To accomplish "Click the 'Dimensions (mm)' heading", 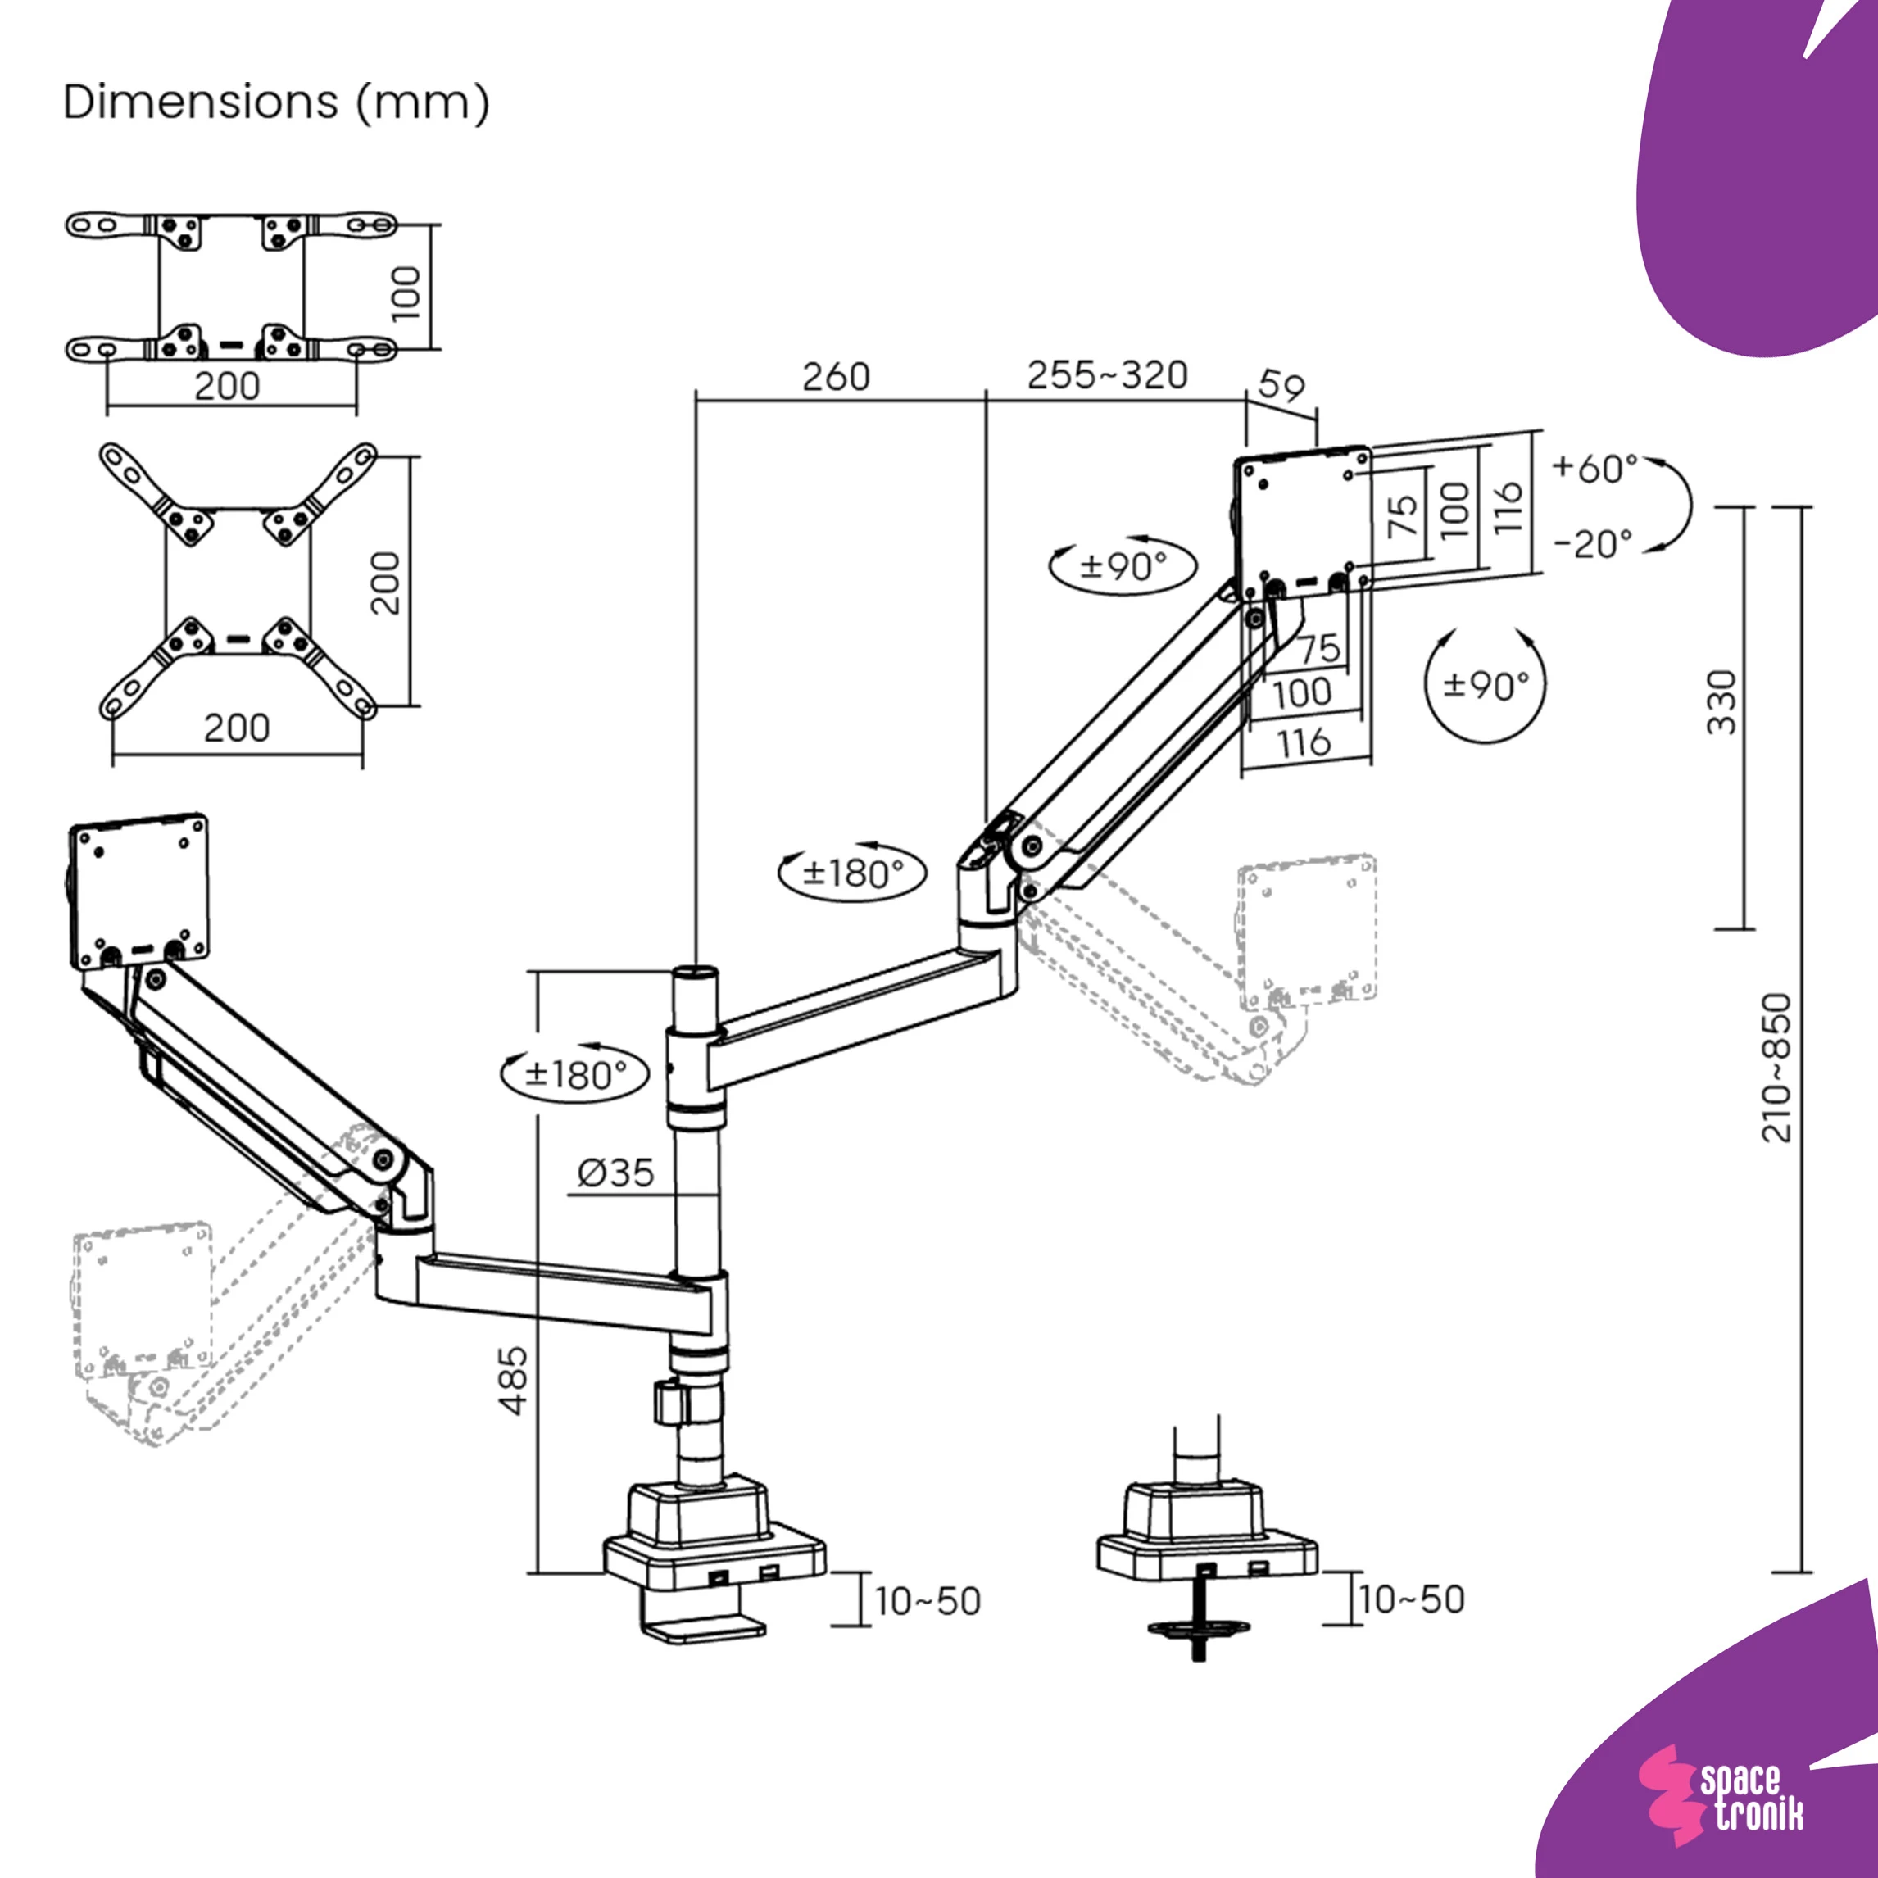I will tap(276, 102).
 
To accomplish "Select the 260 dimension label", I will tap(835, 377).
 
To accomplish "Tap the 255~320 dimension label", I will tap(1107, 375).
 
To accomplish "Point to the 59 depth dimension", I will tap(1281, 387).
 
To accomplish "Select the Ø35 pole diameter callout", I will tap(616, 1173).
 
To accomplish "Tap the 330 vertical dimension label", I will tap(1721, 702).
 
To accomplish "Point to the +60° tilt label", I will tap(1595, 469).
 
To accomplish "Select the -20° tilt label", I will tap(1593, 544).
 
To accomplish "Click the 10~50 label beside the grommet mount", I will tap(1412, 1599).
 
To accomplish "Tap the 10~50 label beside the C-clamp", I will tap(928, 1601).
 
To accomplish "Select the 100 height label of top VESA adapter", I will tap(406, 293).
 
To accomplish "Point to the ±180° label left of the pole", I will tap(574, 1075).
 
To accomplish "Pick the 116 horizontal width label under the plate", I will tap(1304, 744).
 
